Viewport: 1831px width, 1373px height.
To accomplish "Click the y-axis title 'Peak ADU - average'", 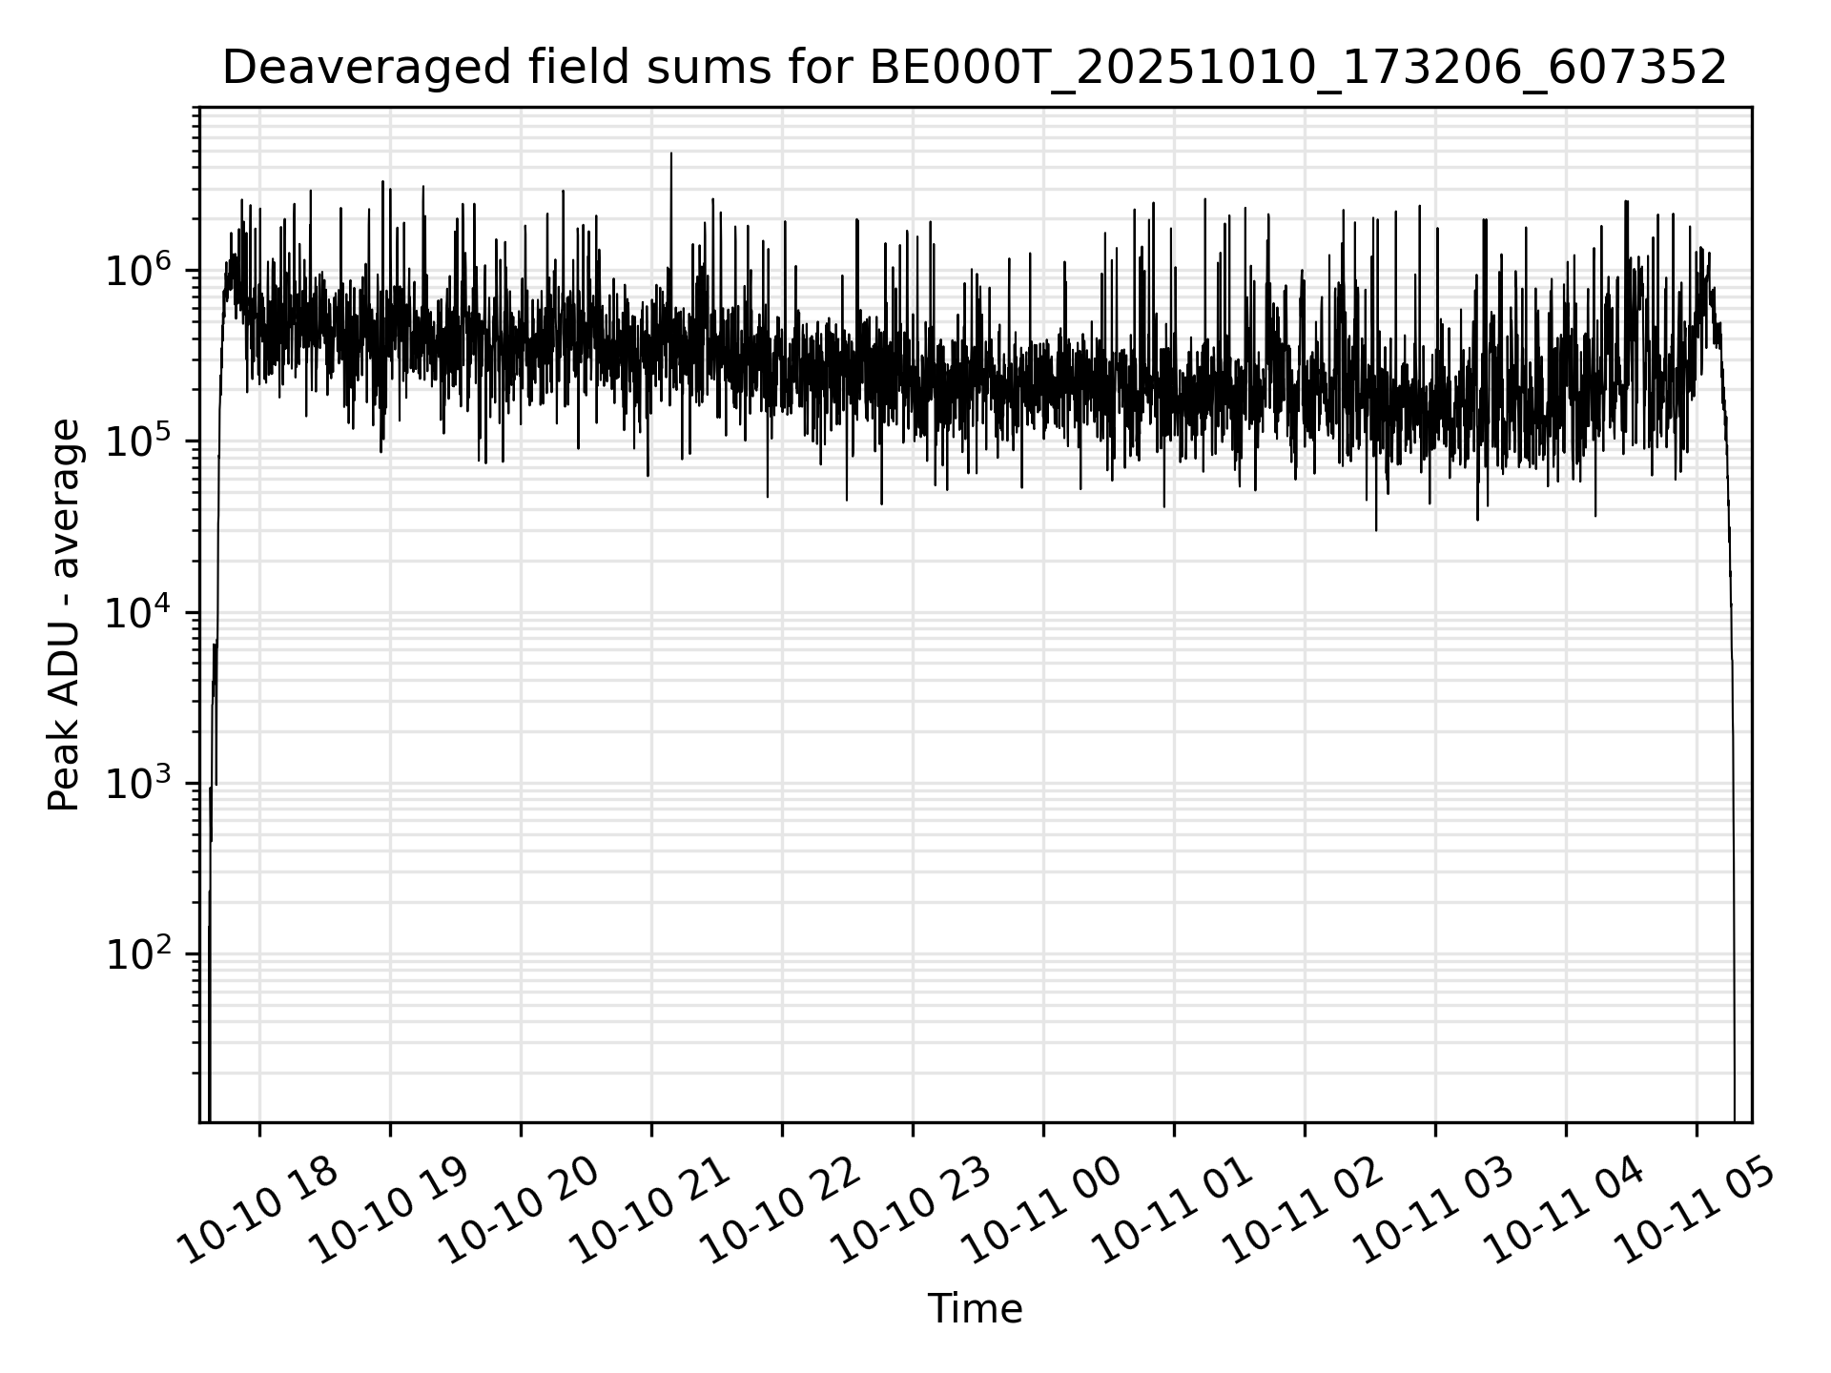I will tap(65, 616).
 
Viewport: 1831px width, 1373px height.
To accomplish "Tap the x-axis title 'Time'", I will tap(975, 1309).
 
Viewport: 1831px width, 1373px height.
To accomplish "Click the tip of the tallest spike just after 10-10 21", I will tap(671, 154).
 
